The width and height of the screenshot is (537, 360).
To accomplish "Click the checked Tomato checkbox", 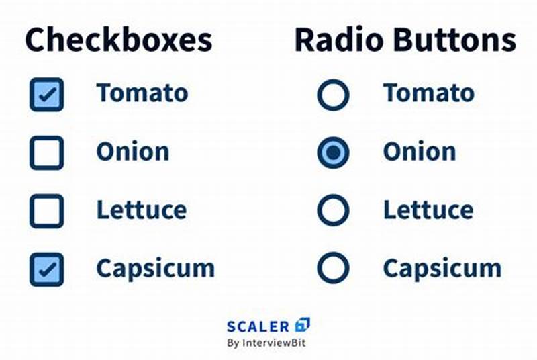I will pos(46,95).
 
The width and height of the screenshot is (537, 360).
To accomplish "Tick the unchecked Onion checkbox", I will pos(46,152).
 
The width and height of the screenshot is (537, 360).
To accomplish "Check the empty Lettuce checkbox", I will pos(46,211).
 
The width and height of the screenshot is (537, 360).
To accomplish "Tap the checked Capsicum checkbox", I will pos(46,269).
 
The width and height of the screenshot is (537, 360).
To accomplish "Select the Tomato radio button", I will pos(333,95).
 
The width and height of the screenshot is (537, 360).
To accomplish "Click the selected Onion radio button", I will pos(333,152).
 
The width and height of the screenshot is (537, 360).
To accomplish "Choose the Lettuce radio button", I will pos(333,211).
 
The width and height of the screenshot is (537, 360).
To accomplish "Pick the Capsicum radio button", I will pos(333,269).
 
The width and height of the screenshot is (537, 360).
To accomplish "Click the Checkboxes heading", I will pos(119,40).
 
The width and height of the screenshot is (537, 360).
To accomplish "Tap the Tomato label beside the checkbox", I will pos(142,93).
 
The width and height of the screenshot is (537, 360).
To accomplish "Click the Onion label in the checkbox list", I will pos(132,152).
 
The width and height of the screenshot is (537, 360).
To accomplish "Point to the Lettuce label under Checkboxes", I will pos(141,210).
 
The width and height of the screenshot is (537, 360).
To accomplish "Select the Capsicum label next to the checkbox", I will pos(155,269).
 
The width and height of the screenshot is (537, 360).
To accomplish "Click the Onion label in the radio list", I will pos(419,152).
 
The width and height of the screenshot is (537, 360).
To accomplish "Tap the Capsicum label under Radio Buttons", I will pos(442,269).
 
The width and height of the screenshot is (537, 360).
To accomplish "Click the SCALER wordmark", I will pos(258,327).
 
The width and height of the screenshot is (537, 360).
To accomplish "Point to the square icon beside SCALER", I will pos(303,325).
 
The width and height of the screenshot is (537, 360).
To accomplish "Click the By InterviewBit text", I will pos(268,343).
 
